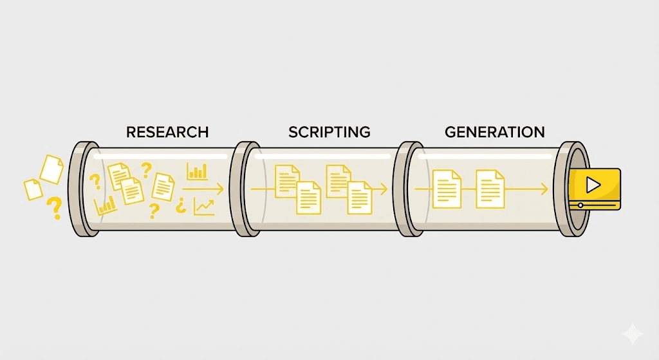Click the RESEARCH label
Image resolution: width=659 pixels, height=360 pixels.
[x=167, y=133]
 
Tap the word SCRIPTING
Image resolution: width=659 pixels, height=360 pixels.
[x=329, y=133]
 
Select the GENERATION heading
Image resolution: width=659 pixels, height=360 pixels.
[x=495, y=133]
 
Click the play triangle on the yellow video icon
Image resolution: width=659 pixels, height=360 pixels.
[x=593, y=185]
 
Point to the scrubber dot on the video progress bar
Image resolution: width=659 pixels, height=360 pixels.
[x=580, y=205]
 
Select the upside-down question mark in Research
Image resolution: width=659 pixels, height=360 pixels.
[x=181, y=206]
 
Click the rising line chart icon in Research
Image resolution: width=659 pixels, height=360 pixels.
[x=204, y=207]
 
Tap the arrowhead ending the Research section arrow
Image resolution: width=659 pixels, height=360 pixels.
[x=221, y=189]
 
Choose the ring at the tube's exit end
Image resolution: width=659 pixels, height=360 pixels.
[x=570, y=189]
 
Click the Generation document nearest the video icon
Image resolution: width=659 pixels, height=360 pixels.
[x=489, y=189]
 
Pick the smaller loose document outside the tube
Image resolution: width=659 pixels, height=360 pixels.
[x=33, y=189]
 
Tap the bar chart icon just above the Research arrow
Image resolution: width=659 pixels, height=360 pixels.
[x=197, y=171]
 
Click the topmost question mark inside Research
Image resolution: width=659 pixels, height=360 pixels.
[x=147, y=170]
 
